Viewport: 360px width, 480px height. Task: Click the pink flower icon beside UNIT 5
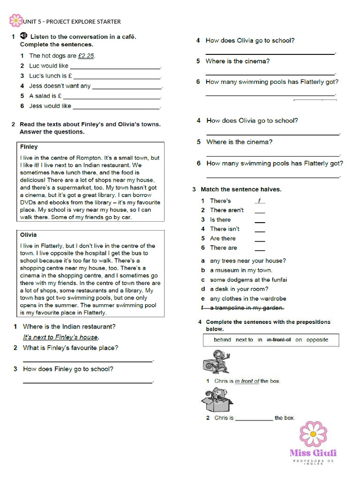coord(16,21)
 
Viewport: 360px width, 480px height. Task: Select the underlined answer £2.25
coord(86,56)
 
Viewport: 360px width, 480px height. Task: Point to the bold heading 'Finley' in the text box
coord(29,147)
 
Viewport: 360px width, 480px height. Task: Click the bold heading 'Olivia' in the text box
coord(28,235)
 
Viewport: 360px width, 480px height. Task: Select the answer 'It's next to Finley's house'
coord(60,337)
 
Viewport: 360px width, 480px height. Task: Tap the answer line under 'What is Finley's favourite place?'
coord(88,360)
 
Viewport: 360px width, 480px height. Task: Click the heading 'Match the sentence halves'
coord(241,189)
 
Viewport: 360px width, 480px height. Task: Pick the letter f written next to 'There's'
coord(259,201)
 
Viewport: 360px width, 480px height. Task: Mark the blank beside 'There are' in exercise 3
coord(260,248)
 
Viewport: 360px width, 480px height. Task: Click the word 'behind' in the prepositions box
coord(222,340)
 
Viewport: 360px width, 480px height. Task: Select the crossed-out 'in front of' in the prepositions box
coord(278,340)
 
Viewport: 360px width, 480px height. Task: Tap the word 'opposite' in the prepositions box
coord(317,340)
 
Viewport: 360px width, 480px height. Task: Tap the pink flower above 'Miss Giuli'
coord(313,434)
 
